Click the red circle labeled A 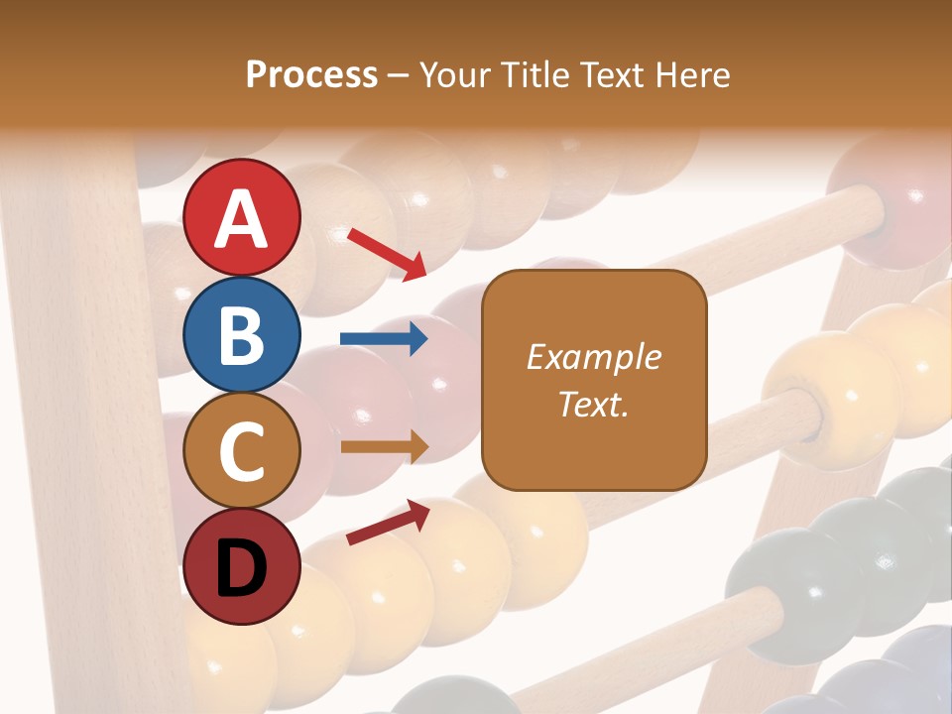click(242, 217)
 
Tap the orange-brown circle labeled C click(242, 450)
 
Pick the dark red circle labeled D click(242, 566)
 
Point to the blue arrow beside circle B click(384, 339)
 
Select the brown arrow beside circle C click(384, 446)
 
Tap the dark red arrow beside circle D click(388, 523)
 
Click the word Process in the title click(311, 75)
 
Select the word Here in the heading click(693, 75)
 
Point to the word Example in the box click(593, 357)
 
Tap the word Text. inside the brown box click(593, 404)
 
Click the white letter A click(242, 219)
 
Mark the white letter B click(242, 335)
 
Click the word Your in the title click(455, 75)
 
